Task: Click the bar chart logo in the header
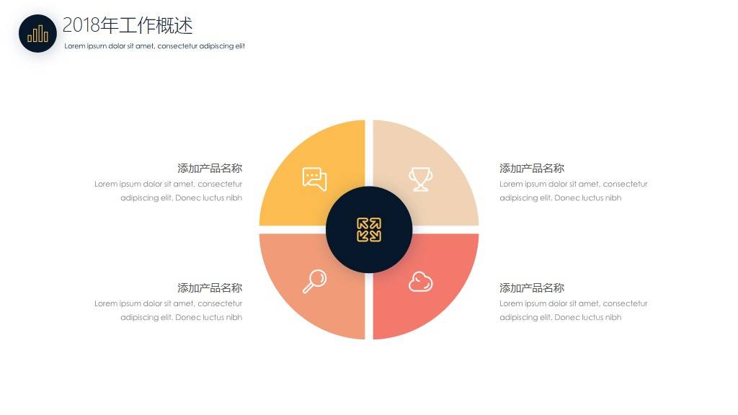click(x=37, y=33)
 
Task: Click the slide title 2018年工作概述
click(x=128, y=25)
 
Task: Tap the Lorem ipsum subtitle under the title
click(x=154, y=46)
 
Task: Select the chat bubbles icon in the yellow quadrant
click(x=314, y=179)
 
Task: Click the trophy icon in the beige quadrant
click(x=420, y=179)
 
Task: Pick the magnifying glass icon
click(x=314, y=281)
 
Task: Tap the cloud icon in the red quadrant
click(x=420, y=282)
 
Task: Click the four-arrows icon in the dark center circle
click(x=369, y=230)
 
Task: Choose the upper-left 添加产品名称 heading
click(x=210, y=169)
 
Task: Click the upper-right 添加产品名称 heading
click(x=532, y=169)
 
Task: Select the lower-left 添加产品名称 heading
click(x=210, y=288)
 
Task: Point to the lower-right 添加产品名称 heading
click(x=532, y=288)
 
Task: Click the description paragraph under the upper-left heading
click(x=168, y=191)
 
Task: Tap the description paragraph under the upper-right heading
click(x=573, y=191)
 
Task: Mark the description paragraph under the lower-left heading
click(x=168, y=311)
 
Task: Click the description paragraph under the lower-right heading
click(x=573, y=311)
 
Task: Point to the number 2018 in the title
click(x=81, y=25)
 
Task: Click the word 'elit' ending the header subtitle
click(x=240, y=46)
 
